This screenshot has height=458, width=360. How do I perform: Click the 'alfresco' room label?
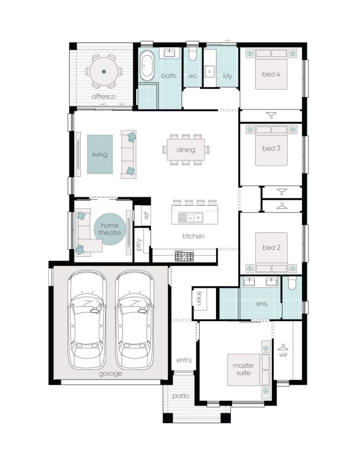pyautogui.click(x=104, y=96)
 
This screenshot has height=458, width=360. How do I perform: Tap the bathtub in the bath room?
pyautogui.click(x=147, y=66)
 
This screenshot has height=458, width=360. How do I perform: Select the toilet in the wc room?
pyautogui.click(x=192, y=53)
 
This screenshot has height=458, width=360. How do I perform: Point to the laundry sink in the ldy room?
pyautogui.click(x=210, y=72)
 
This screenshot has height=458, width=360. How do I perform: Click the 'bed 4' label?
pyautogui.click(x=271, y=74)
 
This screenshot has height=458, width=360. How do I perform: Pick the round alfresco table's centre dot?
pyautogui.click(x=104, y=71)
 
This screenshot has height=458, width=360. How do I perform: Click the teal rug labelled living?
pyautogui.click(x=100, y=154)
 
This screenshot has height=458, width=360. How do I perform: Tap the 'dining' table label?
pyautogui.click(x=186, y=150)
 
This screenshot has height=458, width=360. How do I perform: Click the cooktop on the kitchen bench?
pyautogui.click(x=184, y=256)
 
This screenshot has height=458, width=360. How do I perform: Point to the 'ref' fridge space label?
pyautogui.click(x=147, y=215)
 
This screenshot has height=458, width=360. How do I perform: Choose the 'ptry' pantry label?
pyautogui.click(x=139, y=245)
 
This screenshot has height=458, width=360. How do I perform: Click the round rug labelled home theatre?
pyautogui.click(x=110, y=229)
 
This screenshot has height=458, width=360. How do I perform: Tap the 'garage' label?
pyautogui.click(x=110, y=373)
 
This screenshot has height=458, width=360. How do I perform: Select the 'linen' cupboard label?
pyautogui.click(x=199, y=298)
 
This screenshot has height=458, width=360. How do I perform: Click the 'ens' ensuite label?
pyautogui.click(x=261, y=304)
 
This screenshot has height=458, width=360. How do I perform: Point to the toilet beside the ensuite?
pyautogui.click(x=292, y=282)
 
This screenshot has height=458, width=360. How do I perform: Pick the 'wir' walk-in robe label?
pyautogui.click(x=283, y=354)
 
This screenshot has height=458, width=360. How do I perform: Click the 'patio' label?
pyautogui.click(x=181, y=396)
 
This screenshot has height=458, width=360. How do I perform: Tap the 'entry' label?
pyautogui.click(x=184, y=360)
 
